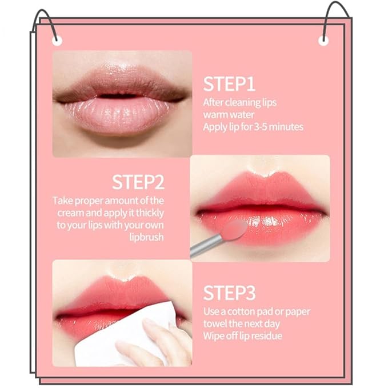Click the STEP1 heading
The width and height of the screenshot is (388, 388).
229,83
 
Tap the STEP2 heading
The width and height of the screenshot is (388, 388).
138,182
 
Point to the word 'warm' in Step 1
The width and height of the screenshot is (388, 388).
215,114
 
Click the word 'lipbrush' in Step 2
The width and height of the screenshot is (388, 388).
147,237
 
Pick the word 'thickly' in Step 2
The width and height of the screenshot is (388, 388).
149,213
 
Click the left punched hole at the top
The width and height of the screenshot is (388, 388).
55,40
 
